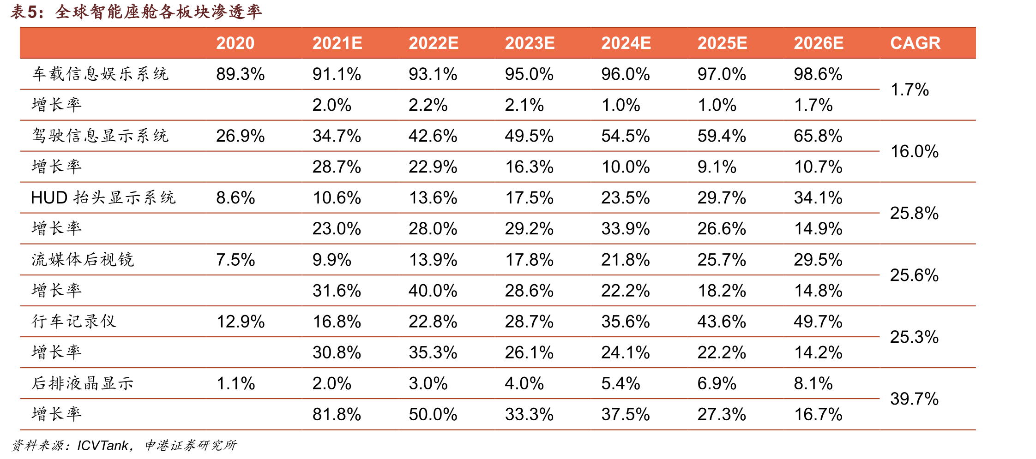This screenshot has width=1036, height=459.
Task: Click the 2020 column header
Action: click(235, 43)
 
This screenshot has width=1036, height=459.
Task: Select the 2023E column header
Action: click(530, 43)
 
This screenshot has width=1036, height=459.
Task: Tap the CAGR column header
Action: click(915, 43)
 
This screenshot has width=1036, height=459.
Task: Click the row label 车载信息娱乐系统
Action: click(101, 74)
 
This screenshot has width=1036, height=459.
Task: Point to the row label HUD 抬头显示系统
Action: click(103, 197)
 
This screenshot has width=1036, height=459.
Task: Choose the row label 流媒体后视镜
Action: click(83, 259)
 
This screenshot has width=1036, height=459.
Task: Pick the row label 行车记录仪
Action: click(74, 321)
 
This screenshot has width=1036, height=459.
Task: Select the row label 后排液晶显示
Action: click(83, 383)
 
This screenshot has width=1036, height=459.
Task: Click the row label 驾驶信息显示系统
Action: click(101, 136)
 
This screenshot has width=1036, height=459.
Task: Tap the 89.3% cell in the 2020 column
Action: click(241, 74)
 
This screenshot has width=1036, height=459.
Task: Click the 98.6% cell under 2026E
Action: click(818, 74)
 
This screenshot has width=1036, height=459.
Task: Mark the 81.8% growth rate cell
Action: click(337, 414)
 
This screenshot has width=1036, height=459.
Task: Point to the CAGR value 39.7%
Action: click(915, 399)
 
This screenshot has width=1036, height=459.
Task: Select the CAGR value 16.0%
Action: click(915, 151)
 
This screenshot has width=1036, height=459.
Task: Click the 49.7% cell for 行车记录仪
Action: click(818, 321)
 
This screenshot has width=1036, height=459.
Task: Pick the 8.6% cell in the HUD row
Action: click(235, 197)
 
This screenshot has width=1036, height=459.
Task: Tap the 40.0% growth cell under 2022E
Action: click(433, 291)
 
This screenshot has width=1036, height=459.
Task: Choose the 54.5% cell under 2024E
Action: click(626, 136)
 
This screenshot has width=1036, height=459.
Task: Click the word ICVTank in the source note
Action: click(102, 445)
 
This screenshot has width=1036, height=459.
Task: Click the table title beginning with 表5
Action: click(136, 12)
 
